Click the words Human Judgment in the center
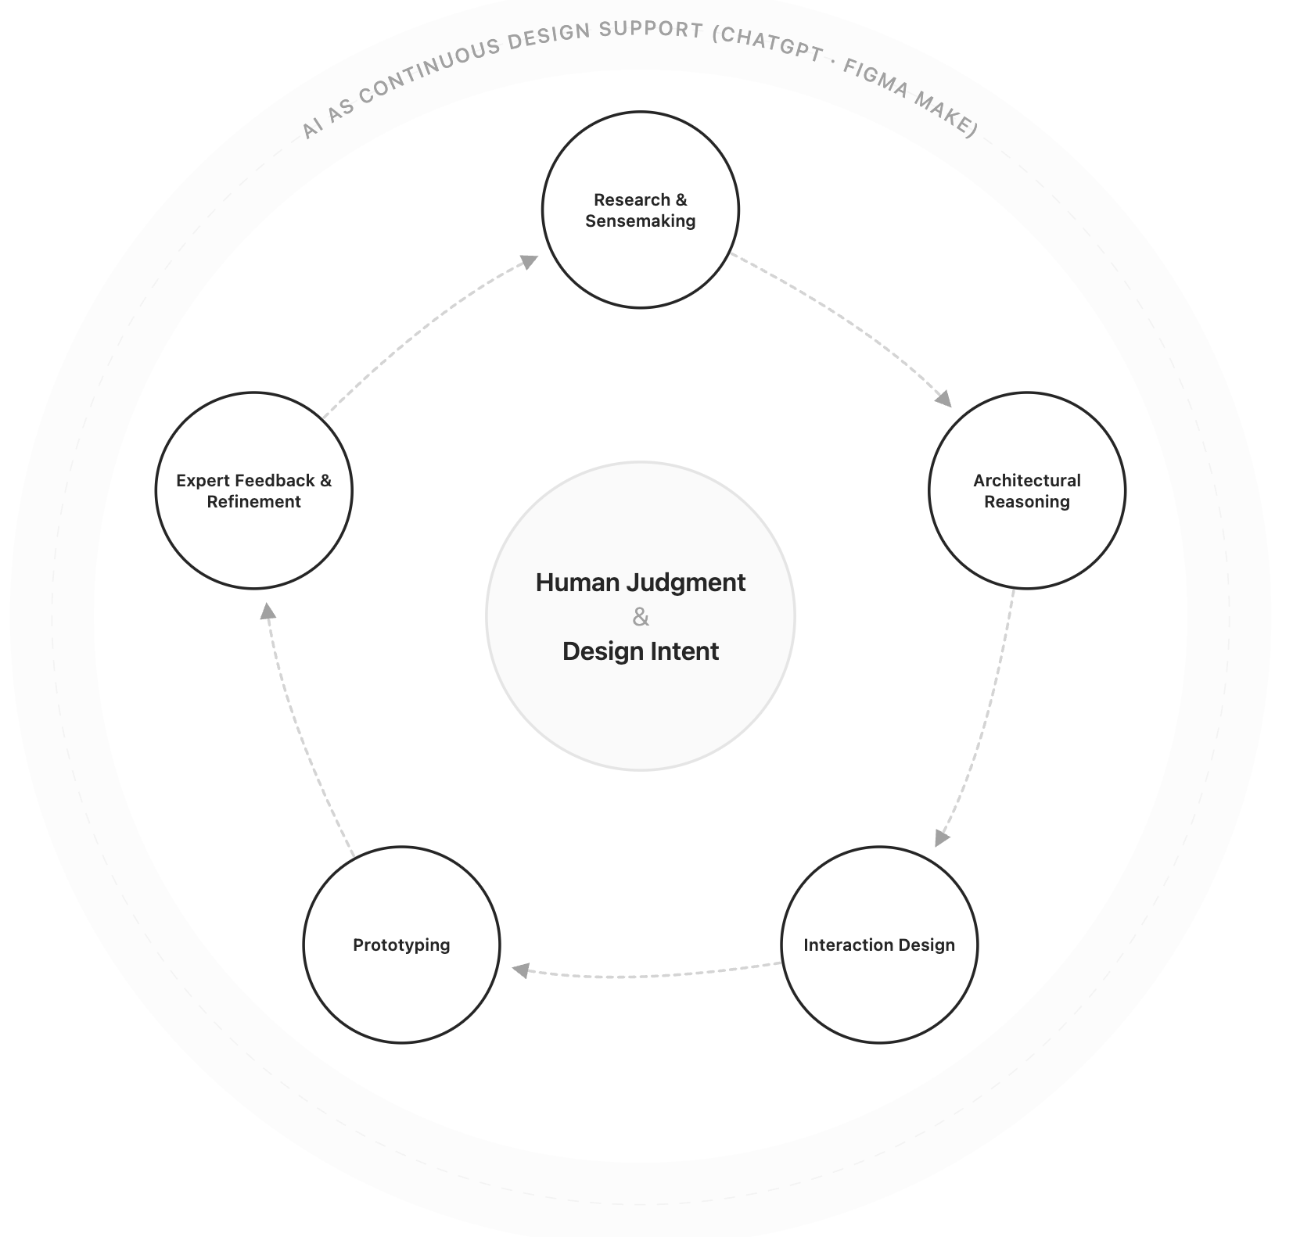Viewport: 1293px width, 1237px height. pos(640,583)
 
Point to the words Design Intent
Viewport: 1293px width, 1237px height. pos(640,651)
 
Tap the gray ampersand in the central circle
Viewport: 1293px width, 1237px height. pos(640,618)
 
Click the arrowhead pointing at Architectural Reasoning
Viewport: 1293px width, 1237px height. pos(944,399)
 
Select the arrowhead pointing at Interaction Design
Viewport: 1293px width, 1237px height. pos(942,837)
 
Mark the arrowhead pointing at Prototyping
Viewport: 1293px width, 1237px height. pos(520,970)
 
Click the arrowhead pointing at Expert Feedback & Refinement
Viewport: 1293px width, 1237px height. pos(268,611)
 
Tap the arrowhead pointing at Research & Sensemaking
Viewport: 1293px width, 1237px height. pos(530,262)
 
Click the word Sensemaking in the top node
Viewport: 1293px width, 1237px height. pos(640,221)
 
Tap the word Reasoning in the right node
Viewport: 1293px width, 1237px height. pos(1026,502)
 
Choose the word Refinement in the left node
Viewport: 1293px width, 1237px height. pos(253,502)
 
